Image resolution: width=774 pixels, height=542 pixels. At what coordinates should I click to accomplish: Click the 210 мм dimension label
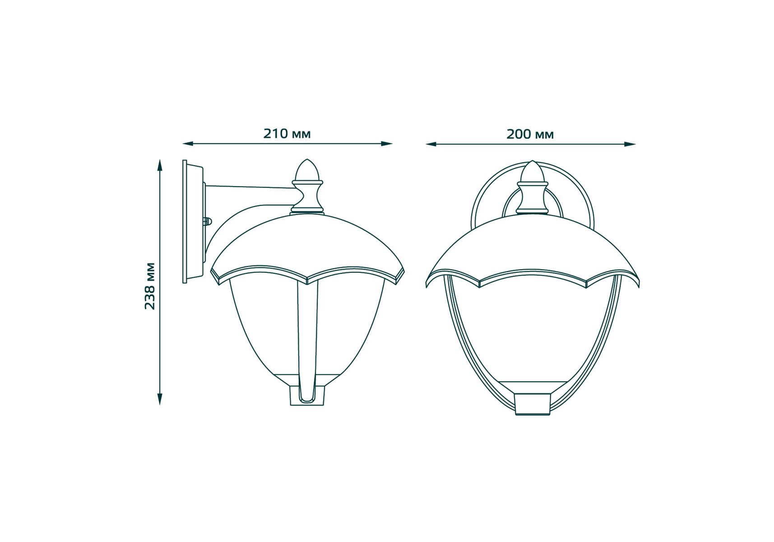coord(287,134)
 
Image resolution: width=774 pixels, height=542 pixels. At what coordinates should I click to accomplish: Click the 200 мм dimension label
coord(530,134)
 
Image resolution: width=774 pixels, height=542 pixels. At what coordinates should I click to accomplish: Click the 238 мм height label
coord(150,286)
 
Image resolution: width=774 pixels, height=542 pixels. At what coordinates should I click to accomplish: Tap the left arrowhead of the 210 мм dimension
coord(188,144)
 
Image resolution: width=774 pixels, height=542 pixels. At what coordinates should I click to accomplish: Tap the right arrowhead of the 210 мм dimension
coord(387,144)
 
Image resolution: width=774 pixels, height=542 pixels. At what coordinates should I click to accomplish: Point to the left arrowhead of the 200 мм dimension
coord(431,144)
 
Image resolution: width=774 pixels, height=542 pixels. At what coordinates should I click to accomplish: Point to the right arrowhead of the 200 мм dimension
coord(630,144)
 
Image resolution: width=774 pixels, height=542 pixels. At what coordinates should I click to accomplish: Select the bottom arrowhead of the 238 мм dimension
coord(159,399)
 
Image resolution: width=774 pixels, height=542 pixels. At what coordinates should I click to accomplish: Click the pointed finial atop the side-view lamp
coord(307,170)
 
